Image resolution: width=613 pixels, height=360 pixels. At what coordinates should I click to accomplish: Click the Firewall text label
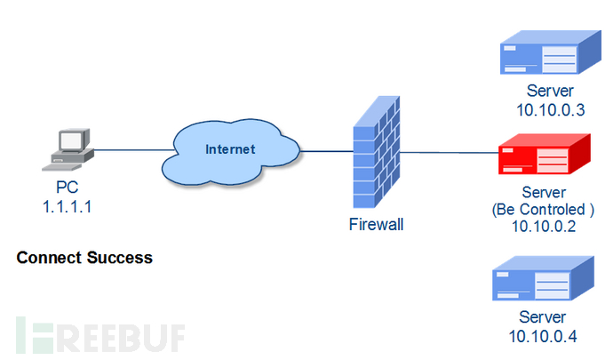(x=376, y=225)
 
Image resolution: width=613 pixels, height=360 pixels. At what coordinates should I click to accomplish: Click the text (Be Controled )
(x=543, y=210)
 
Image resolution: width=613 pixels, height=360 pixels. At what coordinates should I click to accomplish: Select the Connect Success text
(x=84, y=259)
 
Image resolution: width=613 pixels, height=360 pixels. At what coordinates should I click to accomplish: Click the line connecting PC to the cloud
(x=129, y=150)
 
